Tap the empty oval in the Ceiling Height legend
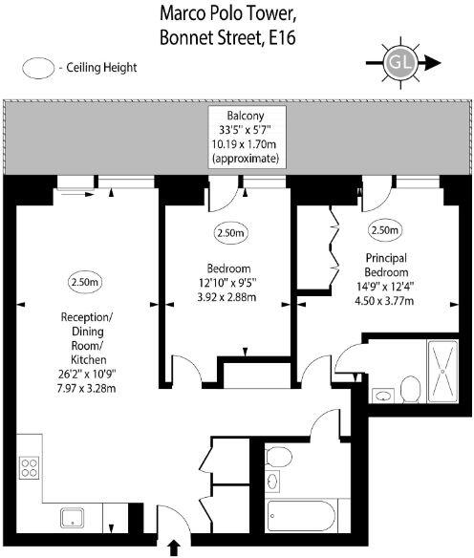pos(39,68)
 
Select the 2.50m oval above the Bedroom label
pos(230,232)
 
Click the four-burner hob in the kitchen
pos(29,468)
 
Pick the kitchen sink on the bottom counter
pos(75,518)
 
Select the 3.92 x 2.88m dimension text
pos(229,295)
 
